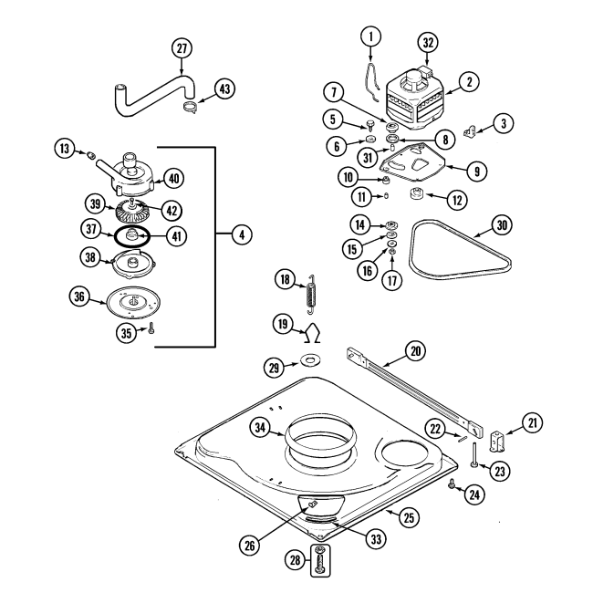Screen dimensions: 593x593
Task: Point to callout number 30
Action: coord(501,224)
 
